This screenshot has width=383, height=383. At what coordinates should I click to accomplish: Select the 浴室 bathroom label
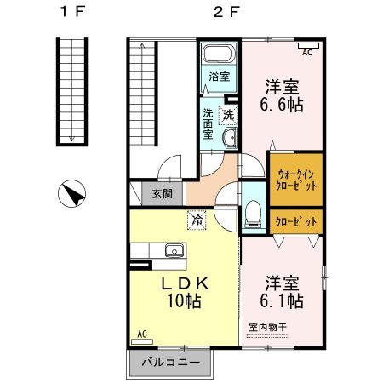(220, 76)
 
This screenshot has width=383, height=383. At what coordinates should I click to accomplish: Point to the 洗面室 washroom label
(210, 123)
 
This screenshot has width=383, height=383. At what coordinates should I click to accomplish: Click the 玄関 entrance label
(162, 194)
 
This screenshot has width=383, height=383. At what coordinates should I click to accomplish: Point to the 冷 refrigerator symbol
(197, 220)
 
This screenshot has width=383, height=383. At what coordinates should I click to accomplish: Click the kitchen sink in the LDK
(174, 250)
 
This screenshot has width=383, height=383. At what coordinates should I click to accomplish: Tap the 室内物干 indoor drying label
(268, 328)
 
